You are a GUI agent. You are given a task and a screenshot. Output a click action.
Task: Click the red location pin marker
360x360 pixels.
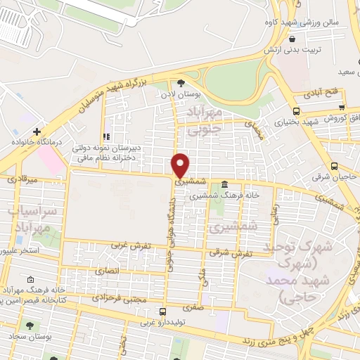pos(181,164)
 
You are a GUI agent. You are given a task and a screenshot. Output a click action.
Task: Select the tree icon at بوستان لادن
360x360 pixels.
pos(181,82)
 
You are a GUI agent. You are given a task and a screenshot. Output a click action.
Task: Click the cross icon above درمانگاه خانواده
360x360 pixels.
pos(36,131)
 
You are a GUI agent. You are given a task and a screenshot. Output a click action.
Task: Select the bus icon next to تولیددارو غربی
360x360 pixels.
pos(163,311)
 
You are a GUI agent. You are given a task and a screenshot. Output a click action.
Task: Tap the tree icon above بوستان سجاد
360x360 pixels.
pos(30,325)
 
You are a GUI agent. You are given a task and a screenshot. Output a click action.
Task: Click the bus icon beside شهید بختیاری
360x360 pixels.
pos(296,111)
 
